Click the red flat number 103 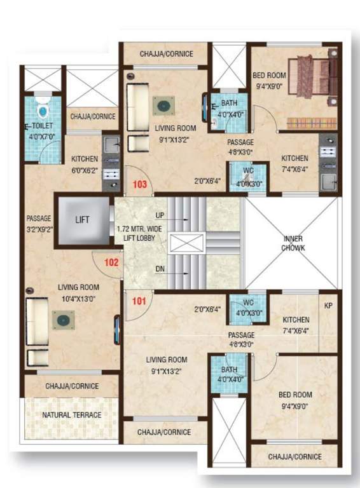139,184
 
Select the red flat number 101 139,301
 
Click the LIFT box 83,220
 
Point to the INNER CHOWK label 293,243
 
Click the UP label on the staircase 160,216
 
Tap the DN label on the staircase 160,269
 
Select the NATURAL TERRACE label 71,415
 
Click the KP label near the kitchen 329,306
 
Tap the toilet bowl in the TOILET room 43,111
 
